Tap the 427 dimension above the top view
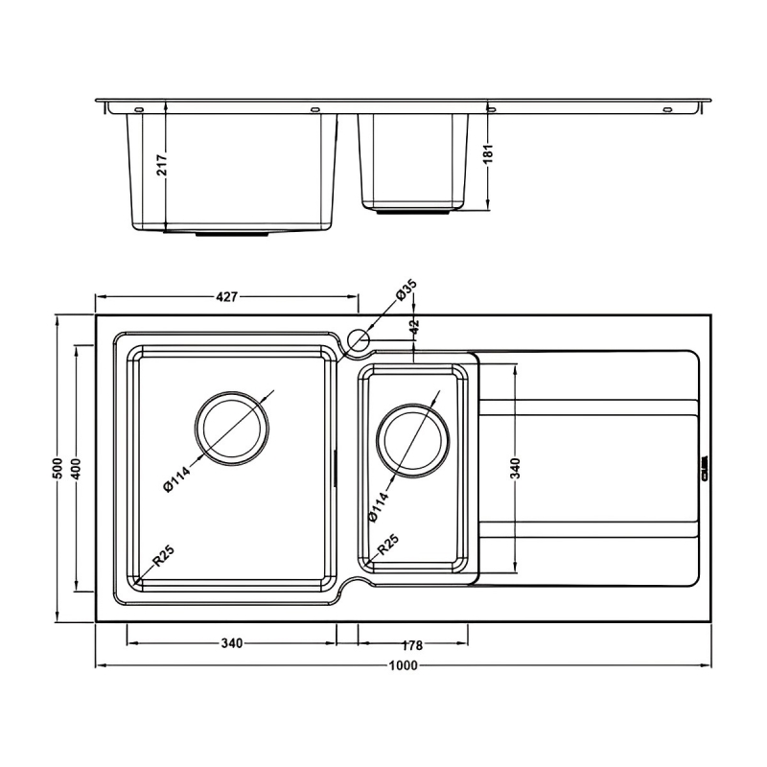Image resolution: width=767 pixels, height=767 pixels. click(226, 297)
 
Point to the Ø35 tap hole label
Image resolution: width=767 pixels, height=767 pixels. click(407, 291)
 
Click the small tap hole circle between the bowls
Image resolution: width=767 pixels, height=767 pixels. click(360, 339)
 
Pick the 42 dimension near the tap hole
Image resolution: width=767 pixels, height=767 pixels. click(414, 326)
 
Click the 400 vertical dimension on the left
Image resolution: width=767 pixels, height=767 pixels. click(77, 468)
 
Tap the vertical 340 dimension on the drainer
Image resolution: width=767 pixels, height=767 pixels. click(515, 468)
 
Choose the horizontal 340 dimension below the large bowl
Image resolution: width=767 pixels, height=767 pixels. click(230, 643)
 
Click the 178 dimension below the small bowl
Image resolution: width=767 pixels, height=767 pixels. click(413, 643)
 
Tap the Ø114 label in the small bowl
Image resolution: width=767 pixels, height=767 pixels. click(380, 505)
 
